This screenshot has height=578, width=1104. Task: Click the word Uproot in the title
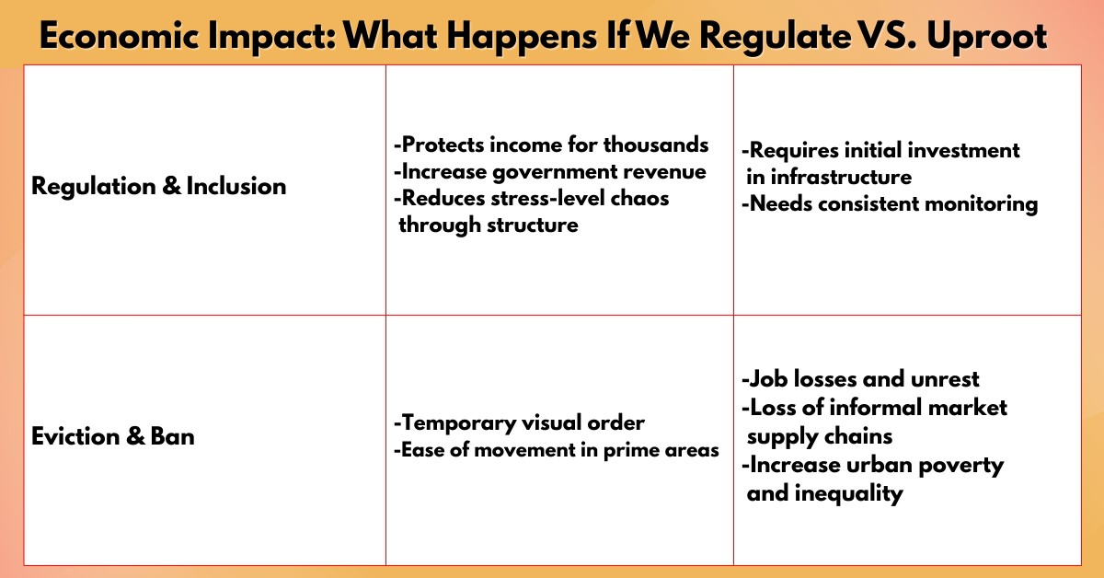pyautogui.click(x=986, y=37)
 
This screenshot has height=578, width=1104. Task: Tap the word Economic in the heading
pyautogui.click(x=120, y=36)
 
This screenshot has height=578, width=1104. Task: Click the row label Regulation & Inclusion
pyautogui.click(x=158, y=187)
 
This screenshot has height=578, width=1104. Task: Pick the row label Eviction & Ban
pyautogui.click(x=113, y=436)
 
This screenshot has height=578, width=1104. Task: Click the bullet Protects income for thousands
pyautogui.click(x=551, y=145)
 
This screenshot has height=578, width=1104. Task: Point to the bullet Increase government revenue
pyautogui.click(x=550, y=172)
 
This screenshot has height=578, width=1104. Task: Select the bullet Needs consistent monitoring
pyautogui.click(x=890, y=203)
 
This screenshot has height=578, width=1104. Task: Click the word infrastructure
pyautogui.click(x=841, y=177)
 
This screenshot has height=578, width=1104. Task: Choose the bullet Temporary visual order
pyautogui.click(x=519, y=423)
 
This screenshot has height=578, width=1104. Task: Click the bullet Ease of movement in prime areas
pyautogui.click(x=557, y=450)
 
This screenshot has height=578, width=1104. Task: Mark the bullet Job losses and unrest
pyautogui.click(x=860, y=379)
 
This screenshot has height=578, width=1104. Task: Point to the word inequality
pyautogui.click(x=848, y=493)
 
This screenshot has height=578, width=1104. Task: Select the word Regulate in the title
pyautogui.click(x=776, y=37)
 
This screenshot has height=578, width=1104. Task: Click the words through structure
pyautogui.click(x=489, y=225)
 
